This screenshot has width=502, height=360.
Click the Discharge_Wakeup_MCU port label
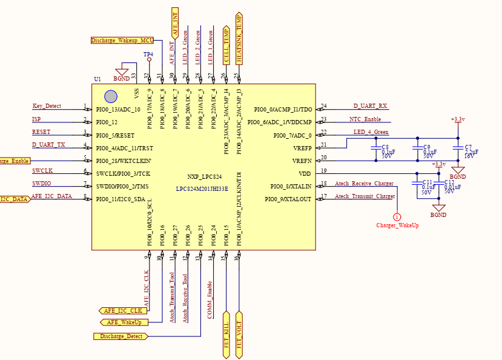pyautogui.click(x=121, y=41)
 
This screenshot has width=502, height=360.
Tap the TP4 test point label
pyautogui.click(x=148, y=55)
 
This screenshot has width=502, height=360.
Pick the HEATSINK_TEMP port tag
pyautogui.click(x=239, y=38)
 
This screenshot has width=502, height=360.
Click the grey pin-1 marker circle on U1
pyautogui.click(x=110, y=96)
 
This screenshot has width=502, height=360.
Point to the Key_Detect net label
pyautogui.click(x=47, y=106)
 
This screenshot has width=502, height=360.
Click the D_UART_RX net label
pyautogui.click(x=370, y=106)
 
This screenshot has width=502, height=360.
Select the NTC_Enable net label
pyautogui.click(x=365, y=119)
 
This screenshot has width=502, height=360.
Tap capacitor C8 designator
pyautogui.click(x=385, y=147)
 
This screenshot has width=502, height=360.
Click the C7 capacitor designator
pyautogui.click(x=468, y=147)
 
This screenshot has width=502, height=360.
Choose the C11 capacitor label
pyautogui.click(x=427, y=182)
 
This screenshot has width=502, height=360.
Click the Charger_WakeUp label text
pyautogui.click(x=397, y=225)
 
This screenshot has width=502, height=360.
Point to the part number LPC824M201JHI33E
pyautogui.click(x=202, y=188)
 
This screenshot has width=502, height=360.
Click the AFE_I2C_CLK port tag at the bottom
pyautogui.click(x=123, y=310)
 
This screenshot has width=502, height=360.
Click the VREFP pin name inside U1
pyautogui.click(x=302, y=147)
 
